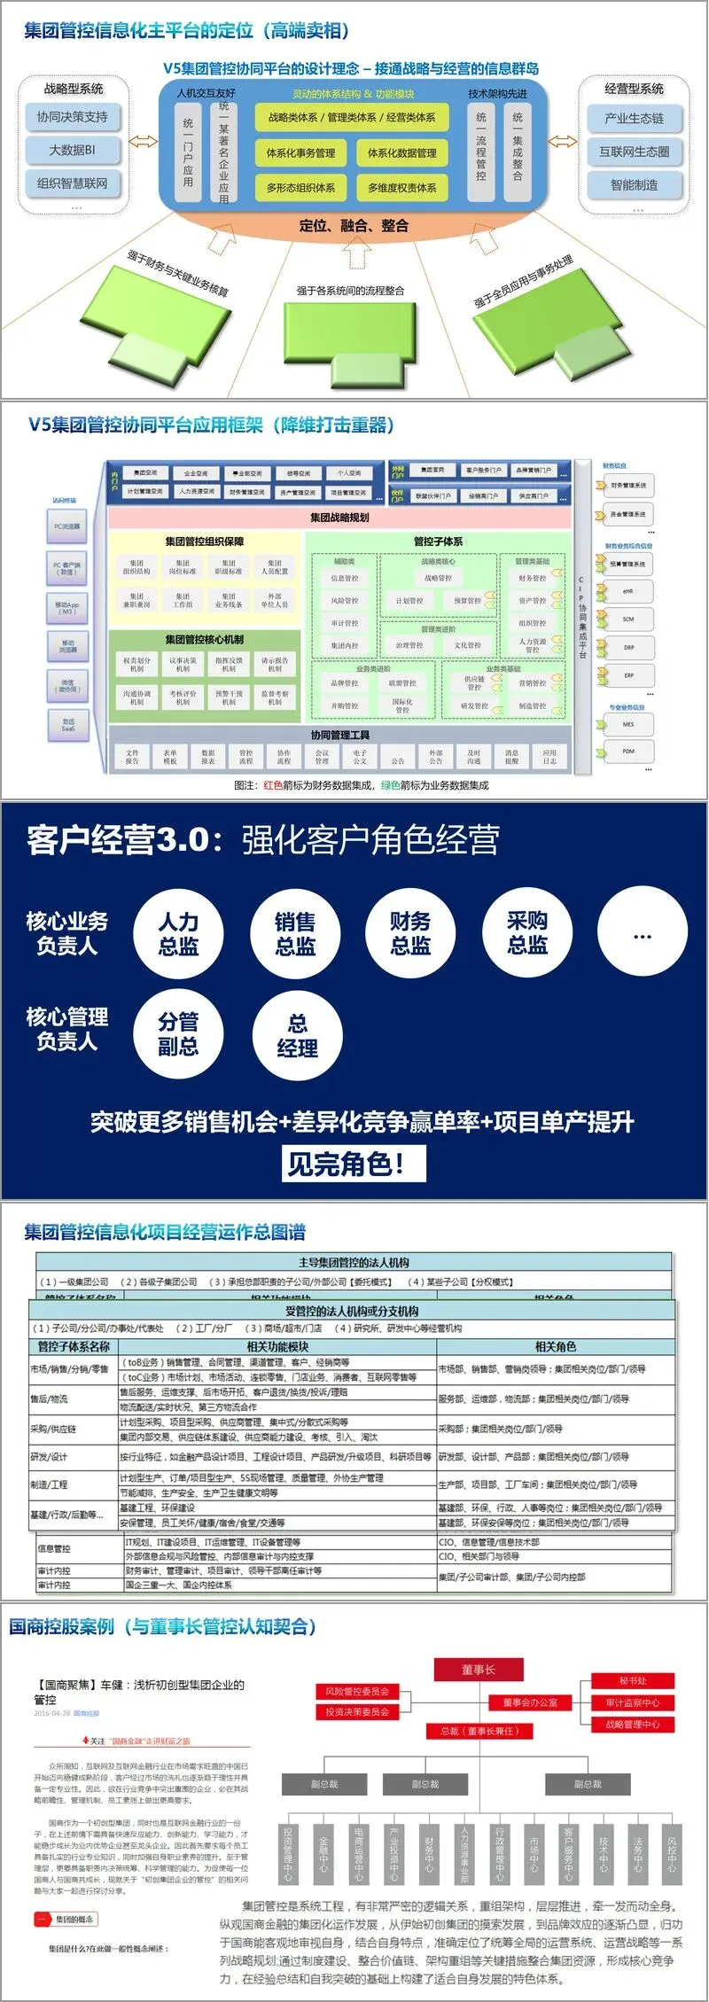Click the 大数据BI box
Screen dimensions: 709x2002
tap(73, 150)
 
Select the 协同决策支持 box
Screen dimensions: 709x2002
tap(73, 117)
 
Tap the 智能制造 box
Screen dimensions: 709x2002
tap(635, 184)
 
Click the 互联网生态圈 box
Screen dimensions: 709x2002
tap(635, 152)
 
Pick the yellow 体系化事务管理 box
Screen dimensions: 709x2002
tap(301, 152)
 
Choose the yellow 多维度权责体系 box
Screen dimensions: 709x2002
tap(402, 187)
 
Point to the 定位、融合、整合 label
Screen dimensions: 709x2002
tap(354, 225)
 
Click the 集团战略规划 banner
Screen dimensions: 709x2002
tap(339, 518)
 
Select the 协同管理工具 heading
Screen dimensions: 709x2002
tap(339, 735)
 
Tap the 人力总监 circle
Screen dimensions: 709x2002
tap(178, 934)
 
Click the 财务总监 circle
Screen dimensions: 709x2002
tap(410, 934)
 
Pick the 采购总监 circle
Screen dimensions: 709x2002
tap(527, 934)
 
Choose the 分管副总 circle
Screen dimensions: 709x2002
tap(178, 1034)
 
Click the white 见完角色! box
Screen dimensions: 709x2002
tap(354, 1164)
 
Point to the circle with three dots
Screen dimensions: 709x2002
tap(643, 934)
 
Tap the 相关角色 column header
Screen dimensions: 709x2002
tap(555, 1347)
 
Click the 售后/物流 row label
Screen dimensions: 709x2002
tap(49, 1398)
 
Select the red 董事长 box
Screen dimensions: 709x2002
tap(479, 1670)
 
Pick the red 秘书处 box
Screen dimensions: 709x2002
tap(633, 1680)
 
